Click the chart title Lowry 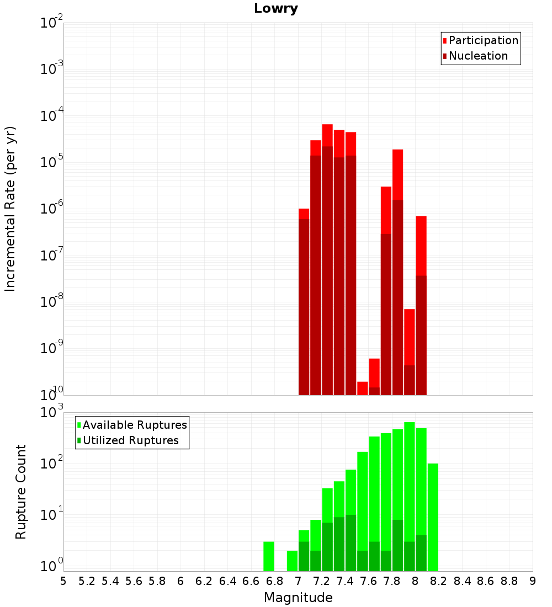tap(276, 9)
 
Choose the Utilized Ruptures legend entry tap(130, 440)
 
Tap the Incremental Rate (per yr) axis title tap(10, 209)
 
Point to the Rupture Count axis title tap(20, 492)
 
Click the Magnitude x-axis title tap(298, 598)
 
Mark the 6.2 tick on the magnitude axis tap(204, 581)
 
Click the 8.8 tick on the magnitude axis tap(509, 581)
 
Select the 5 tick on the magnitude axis tap(63, 581)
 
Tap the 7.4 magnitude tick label tap(345, 581)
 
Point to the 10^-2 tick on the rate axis tap(52, 23)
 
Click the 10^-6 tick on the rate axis tap(52, 209)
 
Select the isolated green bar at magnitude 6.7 tap(269, 556)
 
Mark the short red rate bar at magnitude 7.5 tap(363, 388)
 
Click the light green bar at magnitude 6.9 tap(292, 561)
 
